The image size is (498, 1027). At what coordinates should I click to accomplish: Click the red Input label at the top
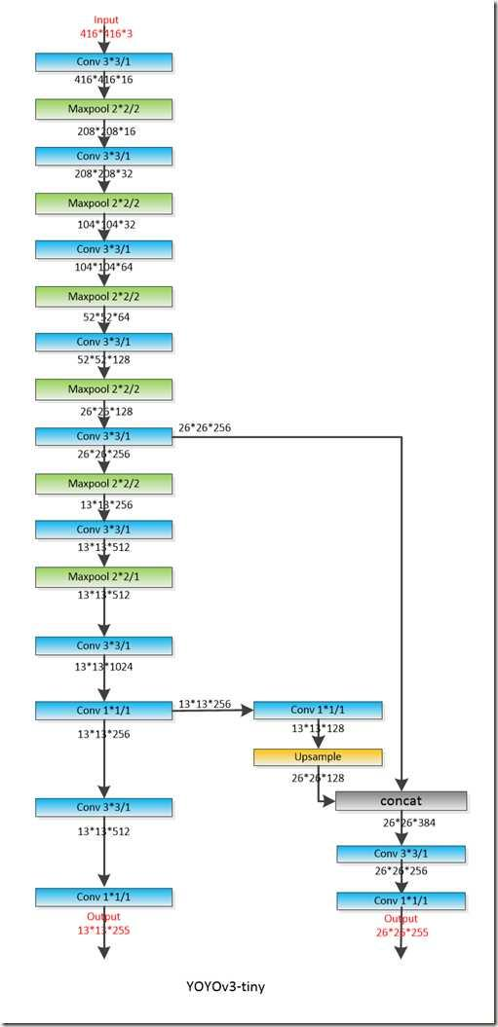[105, 20]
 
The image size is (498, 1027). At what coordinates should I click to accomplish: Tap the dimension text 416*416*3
[105, 33]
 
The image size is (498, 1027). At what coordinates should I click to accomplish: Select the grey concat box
[401, 801]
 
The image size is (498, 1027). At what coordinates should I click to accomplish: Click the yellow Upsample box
[318, 756]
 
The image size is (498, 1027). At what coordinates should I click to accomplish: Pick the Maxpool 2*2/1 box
[103, 577]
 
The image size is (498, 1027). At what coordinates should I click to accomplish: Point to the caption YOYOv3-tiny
[226, 987]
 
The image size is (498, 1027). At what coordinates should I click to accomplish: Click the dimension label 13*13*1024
[104, 668]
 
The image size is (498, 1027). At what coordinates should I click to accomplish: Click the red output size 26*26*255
[402, 932]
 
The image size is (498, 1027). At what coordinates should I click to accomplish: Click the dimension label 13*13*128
[319, 728]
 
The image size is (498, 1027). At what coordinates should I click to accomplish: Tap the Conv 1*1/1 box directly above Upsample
[318, 710]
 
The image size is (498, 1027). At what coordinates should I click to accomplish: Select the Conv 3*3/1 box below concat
[401, 854]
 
